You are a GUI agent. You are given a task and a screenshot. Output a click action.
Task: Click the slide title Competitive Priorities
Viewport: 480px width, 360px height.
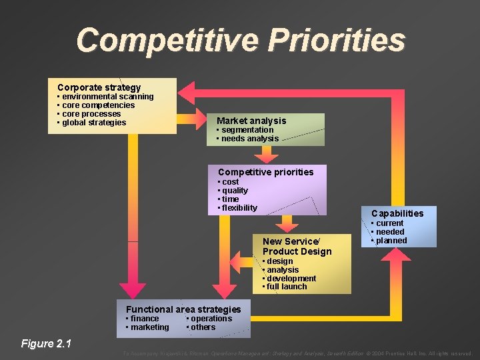[x=240, y=40]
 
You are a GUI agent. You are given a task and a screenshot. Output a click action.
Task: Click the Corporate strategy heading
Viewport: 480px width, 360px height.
[x=99, y=87]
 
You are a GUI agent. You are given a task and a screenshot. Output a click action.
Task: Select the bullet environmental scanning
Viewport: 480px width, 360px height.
[x=107, y=97]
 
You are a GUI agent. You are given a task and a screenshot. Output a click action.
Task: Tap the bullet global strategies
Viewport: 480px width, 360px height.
[x=93, y=123]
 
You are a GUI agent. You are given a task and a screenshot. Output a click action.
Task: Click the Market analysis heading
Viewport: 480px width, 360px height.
[x=251, y=121]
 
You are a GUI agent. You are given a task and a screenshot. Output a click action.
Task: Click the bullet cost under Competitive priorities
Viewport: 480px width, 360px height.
[x=230, y=182]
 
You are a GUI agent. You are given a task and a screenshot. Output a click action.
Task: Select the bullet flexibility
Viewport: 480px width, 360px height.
[x=239, y=208]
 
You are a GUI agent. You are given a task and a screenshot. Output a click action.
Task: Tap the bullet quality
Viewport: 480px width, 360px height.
[x=234, y=191]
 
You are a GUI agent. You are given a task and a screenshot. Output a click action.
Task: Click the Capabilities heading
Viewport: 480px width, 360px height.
[x=397, y=213]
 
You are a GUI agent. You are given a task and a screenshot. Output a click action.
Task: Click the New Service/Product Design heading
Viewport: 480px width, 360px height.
[x=297, y=247]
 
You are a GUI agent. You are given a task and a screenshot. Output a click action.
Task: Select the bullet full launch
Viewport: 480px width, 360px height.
[x=286, y=287]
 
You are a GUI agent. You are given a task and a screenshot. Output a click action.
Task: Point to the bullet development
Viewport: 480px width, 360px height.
[x=291, y=279]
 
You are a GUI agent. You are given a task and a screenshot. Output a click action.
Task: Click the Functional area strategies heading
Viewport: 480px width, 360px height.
[x=183, y=309]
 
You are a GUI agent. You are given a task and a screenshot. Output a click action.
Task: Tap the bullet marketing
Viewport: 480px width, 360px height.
[x=149, y=327]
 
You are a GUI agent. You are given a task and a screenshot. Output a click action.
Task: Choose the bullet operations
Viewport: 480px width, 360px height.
[x=211, y=319]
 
